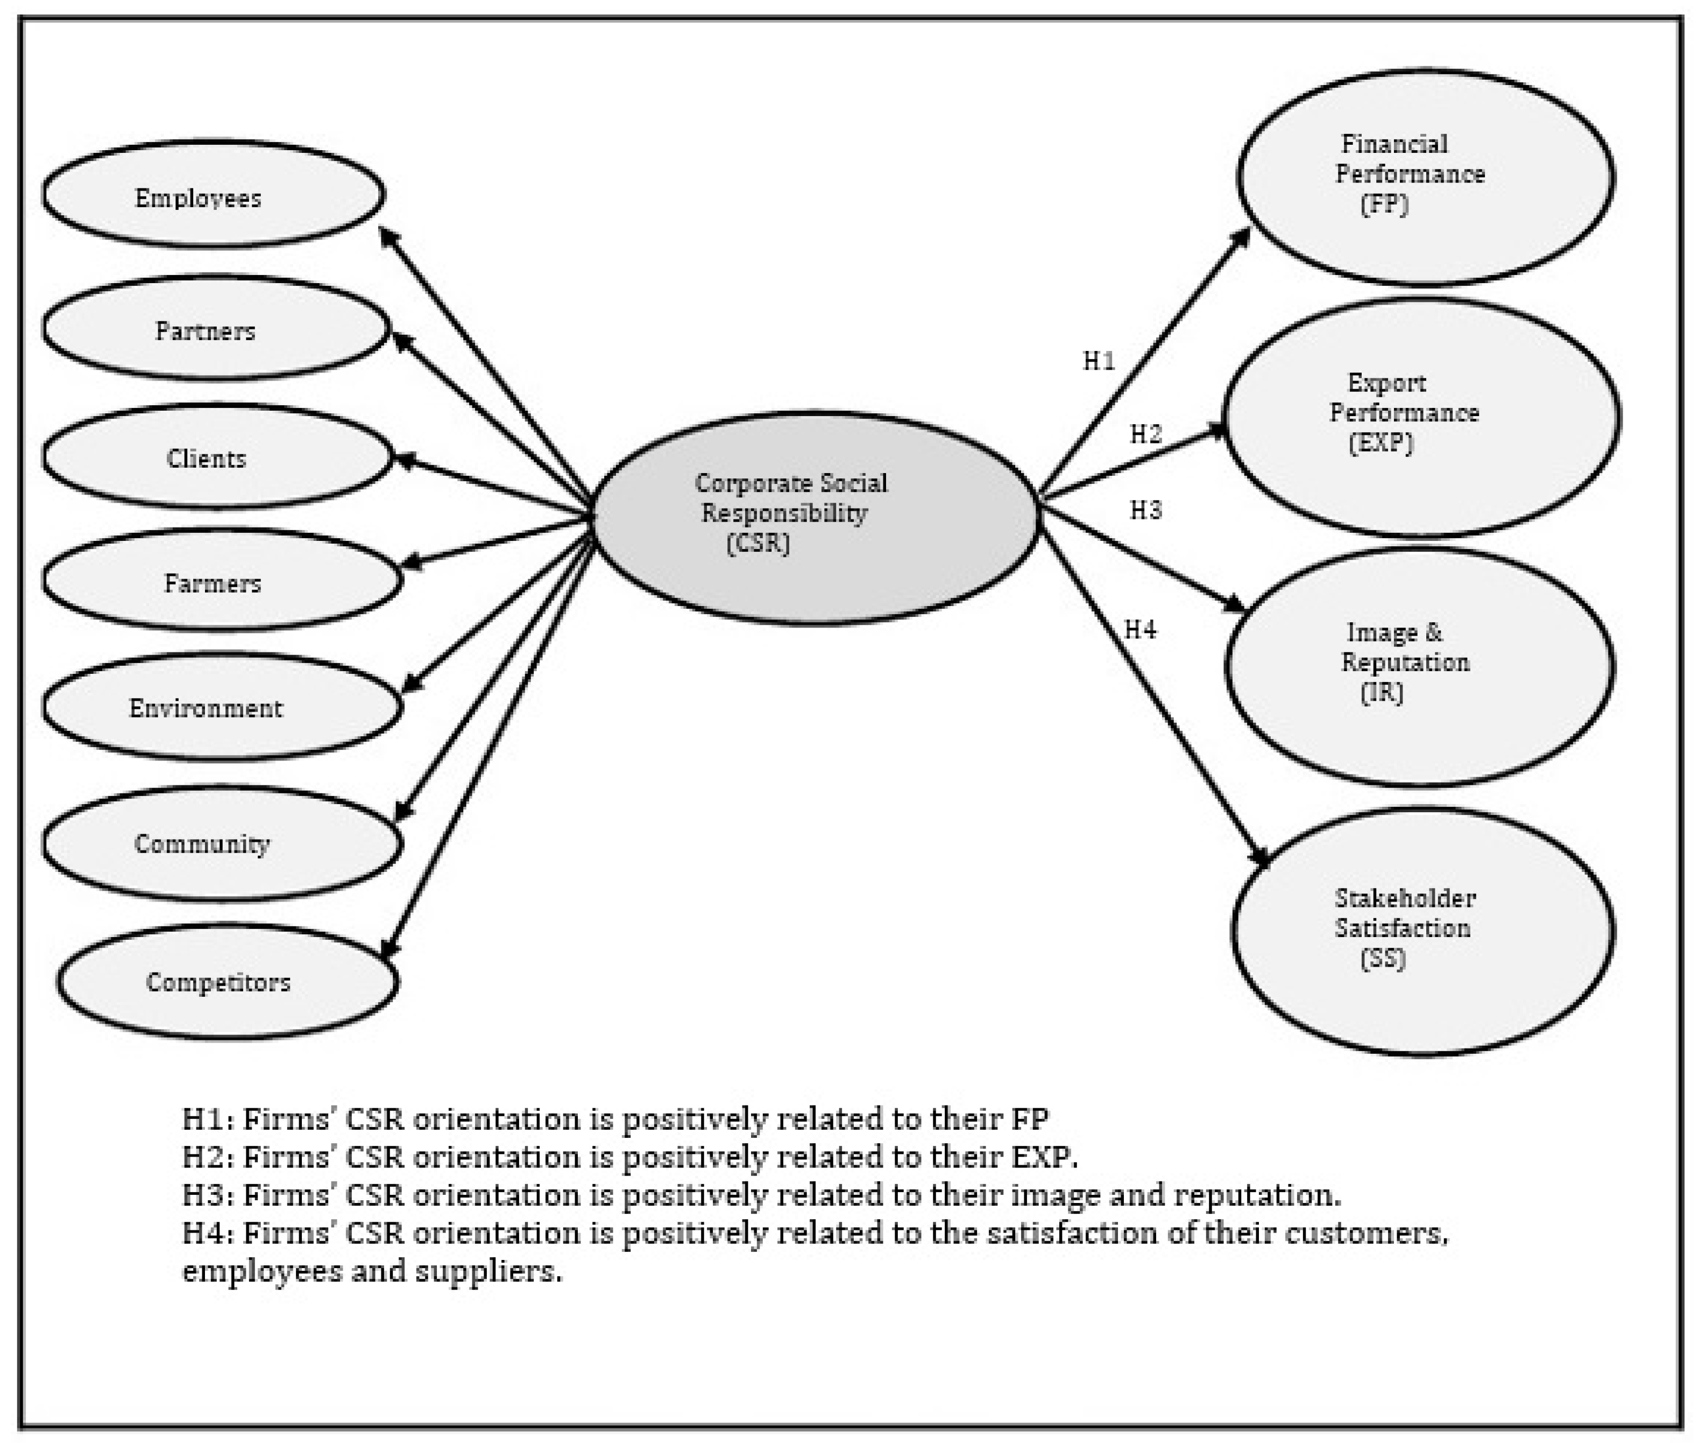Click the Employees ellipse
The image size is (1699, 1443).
coord(213,195)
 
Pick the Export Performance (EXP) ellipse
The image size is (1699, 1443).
coord(1421,416)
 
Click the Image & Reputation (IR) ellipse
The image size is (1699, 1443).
coord(1419,666)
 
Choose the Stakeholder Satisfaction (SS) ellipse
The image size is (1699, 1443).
coord(1422,931)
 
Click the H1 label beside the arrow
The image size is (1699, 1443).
coord(1099,361)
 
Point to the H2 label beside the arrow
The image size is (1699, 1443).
coord(1145,434)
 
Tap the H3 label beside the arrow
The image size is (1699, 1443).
coord(1145,510)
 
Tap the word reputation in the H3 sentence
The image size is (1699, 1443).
coord(1256,1195)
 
